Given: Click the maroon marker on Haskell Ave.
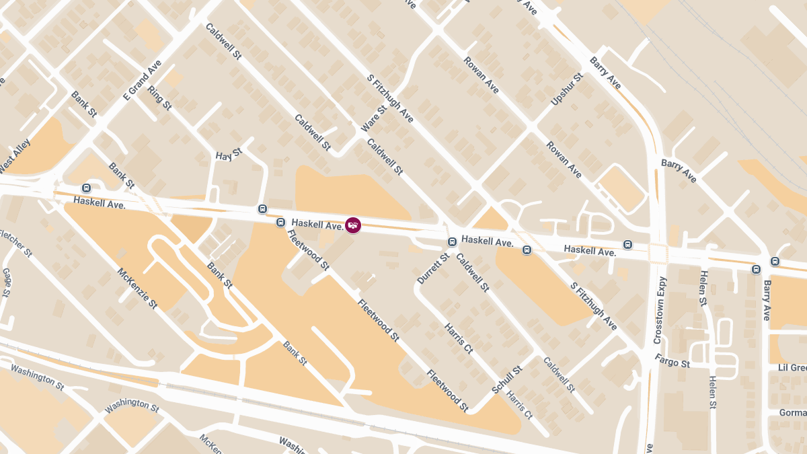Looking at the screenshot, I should [353, 225].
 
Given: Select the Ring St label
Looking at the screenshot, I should [160, 98].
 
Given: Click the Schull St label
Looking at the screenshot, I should [507, 381].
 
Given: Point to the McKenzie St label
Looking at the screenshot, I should [137, 289].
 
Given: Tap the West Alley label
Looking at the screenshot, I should [15, 155].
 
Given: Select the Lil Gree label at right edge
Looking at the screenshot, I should [792, 367].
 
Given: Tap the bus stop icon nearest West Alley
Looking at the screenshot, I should [85, 188].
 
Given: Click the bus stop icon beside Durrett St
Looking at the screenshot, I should [453, 241].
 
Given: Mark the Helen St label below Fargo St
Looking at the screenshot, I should [712, 393].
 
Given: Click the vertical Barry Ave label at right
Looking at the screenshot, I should [767, 301].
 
